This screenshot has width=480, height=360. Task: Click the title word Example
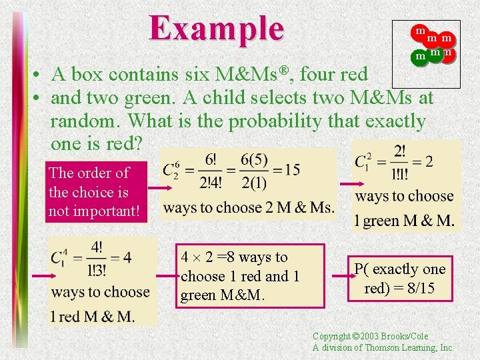pos(217,29)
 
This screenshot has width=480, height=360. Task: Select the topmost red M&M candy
pos(420,31)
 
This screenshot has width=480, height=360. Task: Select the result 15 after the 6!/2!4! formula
pos(292,170)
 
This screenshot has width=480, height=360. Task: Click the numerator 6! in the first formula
pos(211,160)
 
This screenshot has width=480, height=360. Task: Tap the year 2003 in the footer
pos(381,337)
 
